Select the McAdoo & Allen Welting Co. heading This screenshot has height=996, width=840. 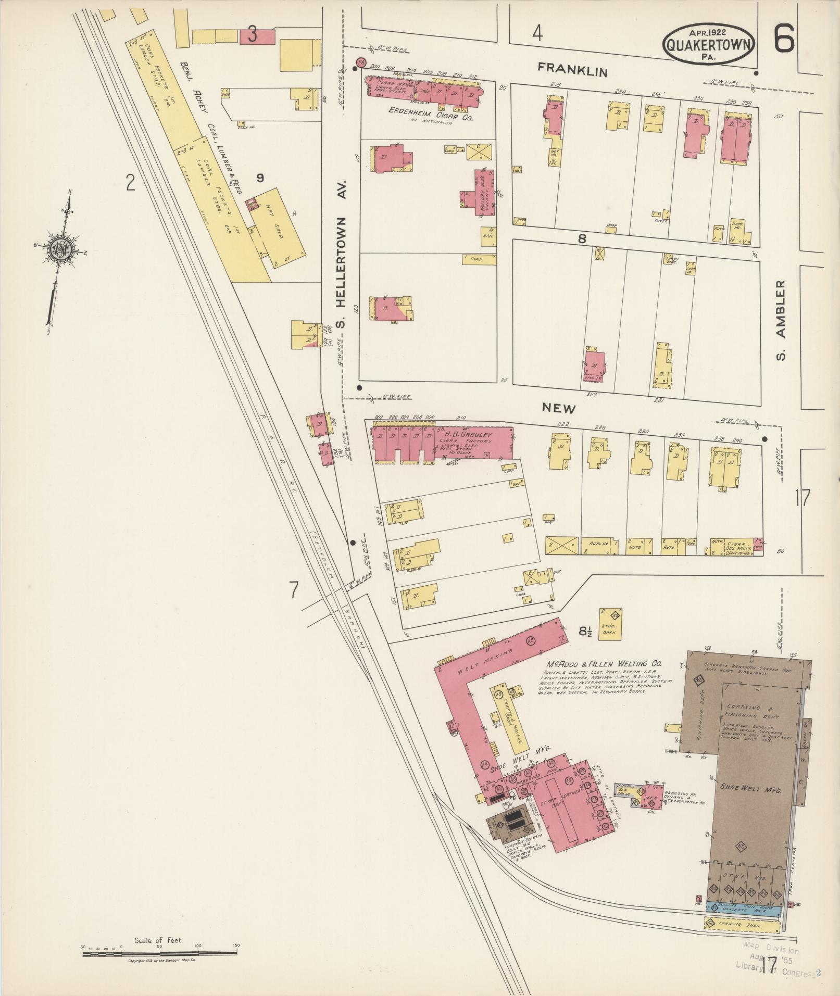[604, 664]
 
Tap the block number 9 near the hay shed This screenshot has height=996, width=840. [259, 178]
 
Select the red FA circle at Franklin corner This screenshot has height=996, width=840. [359, 63]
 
